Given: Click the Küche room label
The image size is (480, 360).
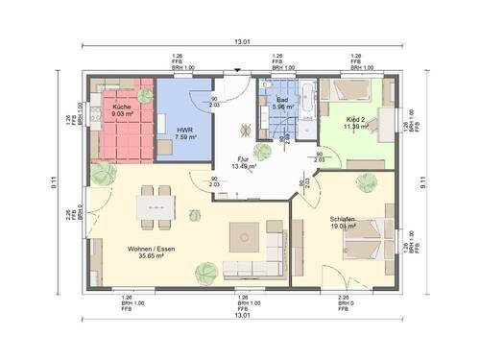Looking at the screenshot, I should click(x=121, y=106).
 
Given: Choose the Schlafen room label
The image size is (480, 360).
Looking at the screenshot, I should click(x=344, y=220).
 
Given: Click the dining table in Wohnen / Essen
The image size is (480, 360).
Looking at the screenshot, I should click(x=152, y=204).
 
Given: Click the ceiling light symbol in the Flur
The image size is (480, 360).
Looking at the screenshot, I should click(x=246, y=129).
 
